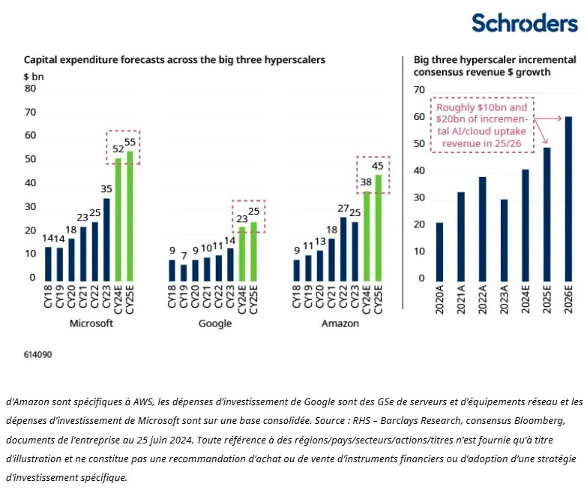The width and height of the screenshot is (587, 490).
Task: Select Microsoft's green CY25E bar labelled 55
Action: [130, 216]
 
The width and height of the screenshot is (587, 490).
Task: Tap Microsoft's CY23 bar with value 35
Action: [106, 239]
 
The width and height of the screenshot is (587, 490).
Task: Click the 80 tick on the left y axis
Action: [31, 88]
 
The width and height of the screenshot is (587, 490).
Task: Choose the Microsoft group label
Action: [91, 323]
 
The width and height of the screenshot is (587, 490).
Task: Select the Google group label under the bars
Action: [214, 323]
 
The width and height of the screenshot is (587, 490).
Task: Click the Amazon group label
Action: [340, 323]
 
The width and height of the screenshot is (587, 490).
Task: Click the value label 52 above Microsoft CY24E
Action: [118, 149]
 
